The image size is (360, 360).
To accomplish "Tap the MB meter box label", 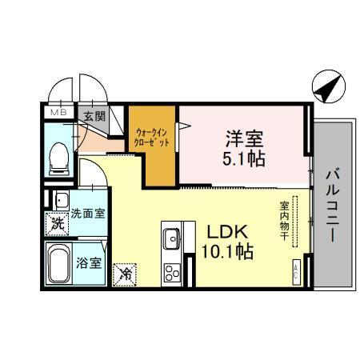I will pyautogui.click(x=59, y=114).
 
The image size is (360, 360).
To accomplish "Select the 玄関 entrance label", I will pyautogui.click(x=94, y=115).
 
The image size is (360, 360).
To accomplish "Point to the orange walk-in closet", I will pyautogui.click(x=153, y=145).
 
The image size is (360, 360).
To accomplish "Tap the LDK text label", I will pyautogui.click(x=226, y=232).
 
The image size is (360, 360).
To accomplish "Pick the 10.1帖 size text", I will pyautogui.click(x=226, y=251).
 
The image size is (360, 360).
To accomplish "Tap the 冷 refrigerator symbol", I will pyautogui.click(x=126, y=273).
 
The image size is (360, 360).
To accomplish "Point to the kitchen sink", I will pyautogui.click(x=172, y=238).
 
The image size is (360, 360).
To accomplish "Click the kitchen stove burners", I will pyautogui.click(x=172, y=272).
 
